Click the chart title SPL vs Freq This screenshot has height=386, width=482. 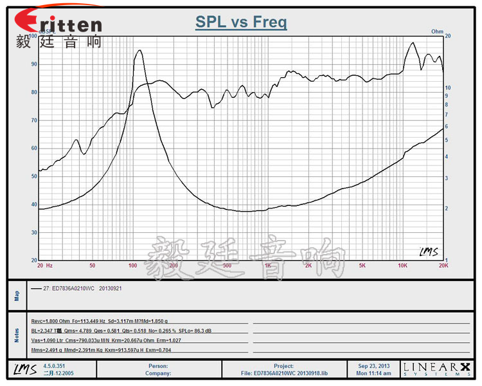point(241,23)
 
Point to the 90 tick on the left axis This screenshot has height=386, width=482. point(33,64)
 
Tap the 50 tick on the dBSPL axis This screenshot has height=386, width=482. point(33,176)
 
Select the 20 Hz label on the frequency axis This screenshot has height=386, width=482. point(44,265)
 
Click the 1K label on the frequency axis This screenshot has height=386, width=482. point(267,265)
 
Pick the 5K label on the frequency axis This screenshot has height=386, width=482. point(362,265)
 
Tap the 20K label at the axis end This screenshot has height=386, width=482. point(442,265)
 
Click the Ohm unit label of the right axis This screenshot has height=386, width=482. point(437,31)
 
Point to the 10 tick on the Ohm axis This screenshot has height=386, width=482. point(448,87)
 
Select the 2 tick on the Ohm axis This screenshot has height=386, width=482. point(447,208)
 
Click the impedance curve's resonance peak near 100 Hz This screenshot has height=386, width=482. point(138,51)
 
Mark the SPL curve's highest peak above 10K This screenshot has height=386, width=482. point(412,43)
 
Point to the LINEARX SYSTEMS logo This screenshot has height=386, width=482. point(436,369)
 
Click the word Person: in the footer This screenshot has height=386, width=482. point(158,365)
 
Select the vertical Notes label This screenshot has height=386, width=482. point(17,335)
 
